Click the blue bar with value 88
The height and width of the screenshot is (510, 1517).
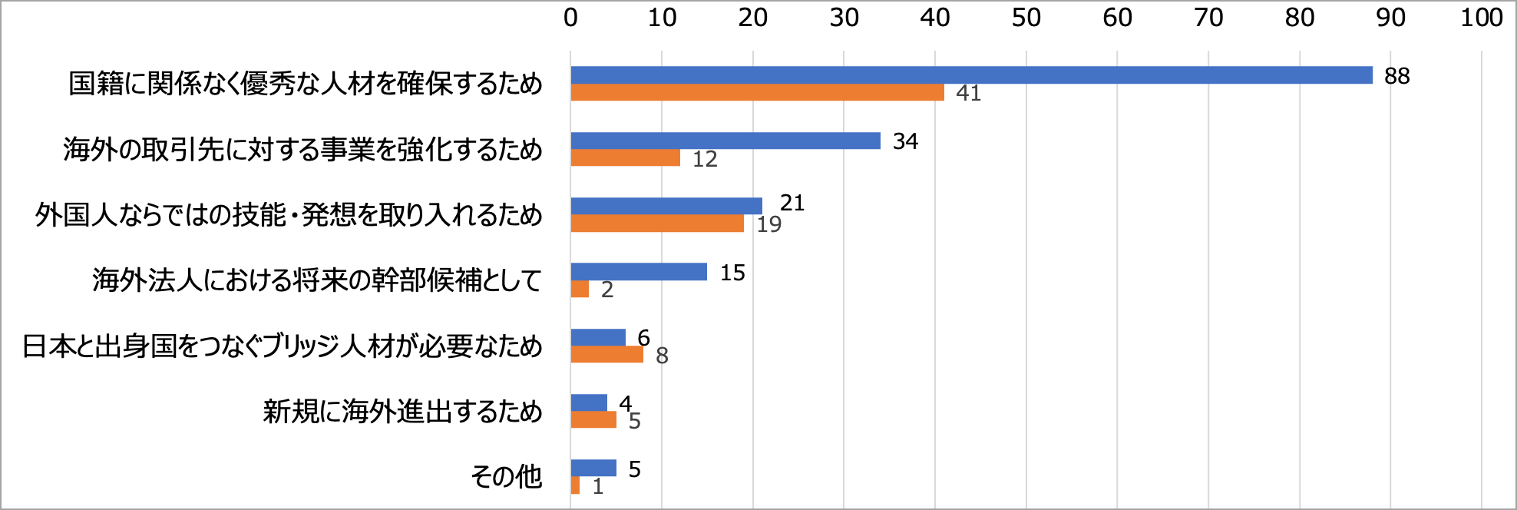tap(971, 75)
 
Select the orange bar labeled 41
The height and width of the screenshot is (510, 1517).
tap(757, 92)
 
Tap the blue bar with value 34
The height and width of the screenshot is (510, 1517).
tap(725, 141)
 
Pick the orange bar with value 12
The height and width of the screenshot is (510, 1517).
tap(625, 157)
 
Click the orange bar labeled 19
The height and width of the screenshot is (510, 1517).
tap(657, 224)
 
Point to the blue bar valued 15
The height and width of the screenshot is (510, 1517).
tap(639, 272)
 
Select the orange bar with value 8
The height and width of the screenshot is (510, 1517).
tap(606, 354)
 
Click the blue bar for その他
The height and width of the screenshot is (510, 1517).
tap(593, 468)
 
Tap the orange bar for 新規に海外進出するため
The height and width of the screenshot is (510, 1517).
tap(593, 419)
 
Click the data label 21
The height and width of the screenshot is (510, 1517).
tap(792, 203)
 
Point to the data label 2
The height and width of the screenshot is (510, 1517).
tap(607, 290)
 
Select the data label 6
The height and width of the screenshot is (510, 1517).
tap(643, 337)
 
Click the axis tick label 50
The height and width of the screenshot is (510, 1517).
tap(1026, 18)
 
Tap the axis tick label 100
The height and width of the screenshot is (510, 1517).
tap(1481, 18)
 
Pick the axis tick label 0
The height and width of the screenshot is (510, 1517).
tap(570, 18)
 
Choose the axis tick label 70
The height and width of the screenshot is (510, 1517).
tap(1208, 18)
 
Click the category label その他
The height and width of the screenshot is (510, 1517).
tap(506, 477)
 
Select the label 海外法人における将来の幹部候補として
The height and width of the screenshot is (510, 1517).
tap(317, 280)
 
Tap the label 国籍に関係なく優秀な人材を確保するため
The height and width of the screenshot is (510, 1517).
tap(306, 84)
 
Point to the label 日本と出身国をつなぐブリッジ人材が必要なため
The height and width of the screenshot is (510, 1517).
tap(283, 346)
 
